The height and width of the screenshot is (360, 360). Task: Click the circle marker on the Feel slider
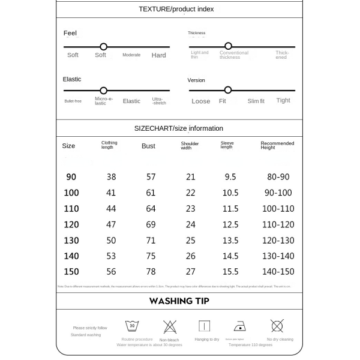click(x=103, y=46)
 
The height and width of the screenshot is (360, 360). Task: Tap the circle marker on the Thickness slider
click(x=228, y=46)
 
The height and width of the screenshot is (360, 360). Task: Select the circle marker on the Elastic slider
click(x=103, y=91)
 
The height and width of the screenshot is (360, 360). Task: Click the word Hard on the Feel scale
click(x=158, y=55)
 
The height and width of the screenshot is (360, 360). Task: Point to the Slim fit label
click(x=256, y=101)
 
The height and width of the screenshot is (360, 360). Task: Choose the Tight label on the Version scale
click(x=283, y=101)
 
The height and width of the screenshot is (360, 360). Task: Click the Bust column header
click(x=148, y=146)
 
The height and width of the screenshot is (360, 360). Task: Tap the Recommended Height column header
click(x=277, y=146)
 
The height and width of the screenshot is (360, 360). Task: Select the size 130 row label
click(x=71, y=240)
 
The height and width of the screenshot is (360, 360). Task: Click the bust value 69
click(x=151, y=224)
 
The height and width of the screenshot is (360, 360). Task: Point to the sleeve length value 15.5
click(x=230, y=272)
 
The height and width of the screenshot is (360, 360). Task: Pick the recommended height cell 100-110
click(x=278, y=209)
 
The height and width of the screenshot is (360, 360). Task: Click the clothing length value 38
click(x=111, y=177)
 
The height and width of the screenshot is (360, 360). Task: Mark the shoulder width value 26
click(x=191, y=256)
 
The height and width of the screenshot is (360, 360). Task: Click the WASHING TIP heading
click(x=179, y=301)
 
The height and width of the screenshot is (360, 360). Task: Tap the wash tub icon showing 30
click(x=132, y=326)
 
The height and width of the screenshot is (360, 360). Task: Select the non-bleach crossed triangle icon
click(x=170, y=326)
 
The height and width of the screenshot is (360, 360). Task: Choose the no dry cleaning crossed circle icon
click(x=277, y=326)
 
